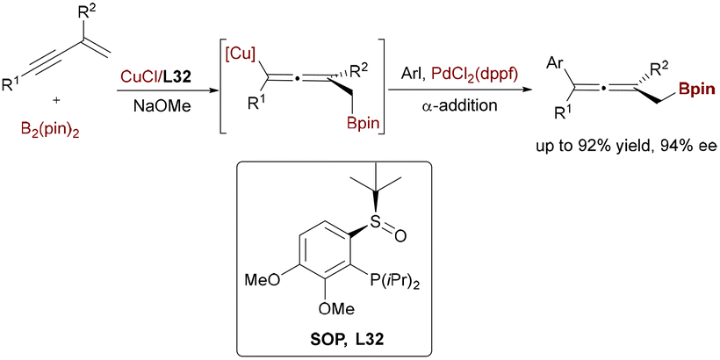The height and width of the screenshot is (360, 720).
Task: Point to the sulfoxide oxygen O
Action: tap(400, 237)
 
